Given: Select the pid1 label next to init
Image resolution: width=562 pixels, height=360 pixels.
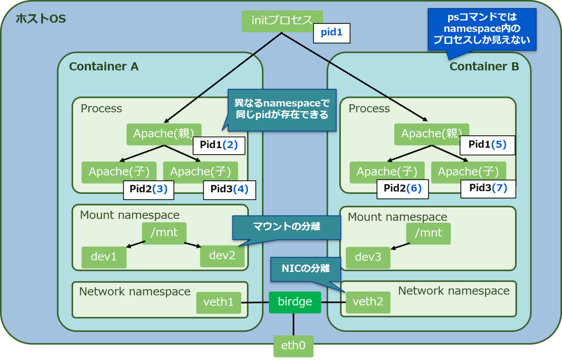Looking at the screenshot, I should (332, 33).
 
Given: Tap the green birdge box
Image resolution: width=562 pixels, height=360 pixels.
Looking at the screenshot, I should (295, 302).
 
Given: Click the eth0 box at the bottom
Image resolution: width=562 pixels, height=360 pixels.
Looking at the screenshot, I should (294, 346).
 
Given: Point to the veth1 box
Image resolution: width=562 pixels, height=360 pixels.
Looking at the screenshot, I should (218, 302).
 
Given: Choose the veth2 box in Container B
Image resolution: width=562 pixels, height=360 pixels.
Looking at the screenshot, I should (368, 302).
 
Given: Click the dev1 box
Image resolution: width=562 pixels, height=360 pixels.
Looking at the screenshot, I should (104, 257).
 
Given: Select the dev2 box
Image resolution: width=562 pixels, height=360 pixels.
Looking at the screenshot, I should (222, 256).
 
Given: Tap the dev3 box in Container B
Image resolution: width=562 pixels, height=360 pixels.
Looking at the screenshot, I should (368, 257).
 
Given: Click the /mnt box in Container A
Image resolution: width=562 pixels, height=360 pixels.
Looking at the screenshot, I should (164, 233).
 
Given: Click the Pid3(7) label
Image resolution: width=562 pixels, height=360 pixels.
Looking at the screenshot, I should (488, 188).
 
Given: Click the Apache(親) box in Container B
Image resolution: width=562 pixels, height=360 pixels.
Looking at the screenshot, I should (431, 134).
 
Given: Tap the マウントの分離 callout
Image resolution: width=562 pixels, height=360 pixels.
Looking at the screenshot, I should (287, 227).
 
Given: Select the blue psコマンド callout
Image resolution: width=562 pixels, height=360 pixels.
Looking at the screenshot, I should (481, 29).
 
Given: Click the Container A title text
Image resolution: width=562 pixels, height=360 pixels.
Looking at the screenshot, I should (104, 66).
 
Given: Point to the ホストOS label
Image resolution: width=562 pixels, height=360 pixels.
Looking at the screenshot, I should (41, 19).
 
